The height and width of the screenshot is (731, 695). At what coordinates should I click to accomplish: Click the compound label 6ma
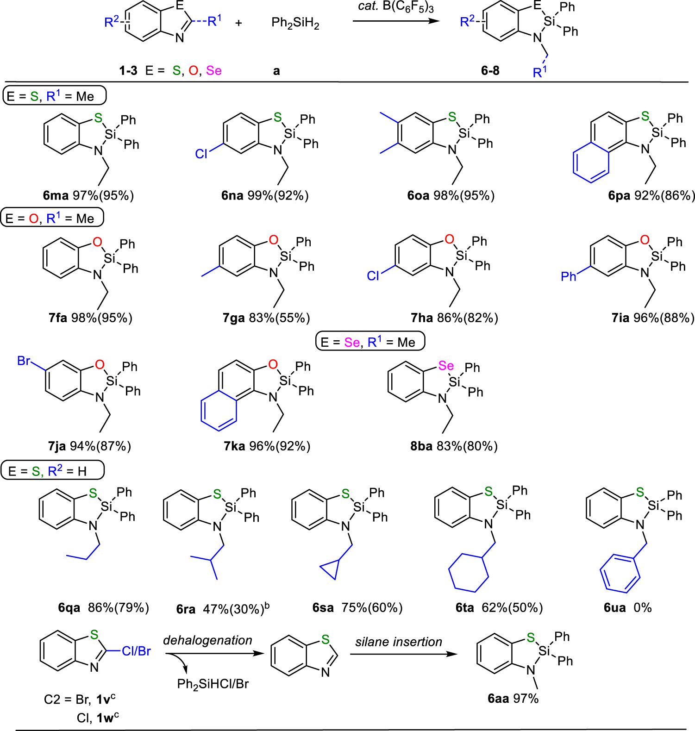pos(56,196)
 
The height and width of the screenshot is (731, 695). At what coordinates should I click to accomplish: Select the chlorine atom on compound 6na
pos(201,154)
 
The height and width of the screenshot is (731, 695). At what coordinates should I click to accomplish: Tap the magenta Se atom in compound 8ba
pos(446,366)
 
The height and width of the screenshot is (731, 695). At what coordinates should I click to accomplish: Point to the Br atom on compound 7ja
pos(24,361)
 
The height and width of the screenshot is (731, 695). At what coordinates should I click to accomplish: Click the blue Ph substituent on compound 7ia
pos(568,276)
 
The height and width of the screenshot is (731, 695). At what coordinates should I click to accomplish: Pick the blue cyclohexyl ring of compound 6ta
pos(469,572)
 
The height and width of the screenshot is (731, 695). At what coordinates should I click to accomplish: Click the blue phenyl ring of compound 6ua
pos(620,573)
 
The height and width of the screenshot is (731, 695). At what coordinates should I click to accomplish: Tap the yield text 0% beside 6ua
pos(642,607)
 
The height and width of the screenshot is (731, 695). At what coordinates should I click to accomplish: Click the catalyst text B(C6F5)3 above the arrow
pos(408,7)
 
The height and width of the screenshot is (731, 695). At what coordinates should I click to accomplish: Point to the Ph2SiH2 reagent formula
pos(295,23)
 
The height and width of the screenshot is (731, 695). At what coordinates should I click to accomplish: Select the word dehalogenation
pos(207,640)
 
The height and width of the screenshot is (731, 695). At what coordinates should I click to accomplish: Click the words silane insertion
pos(399,642)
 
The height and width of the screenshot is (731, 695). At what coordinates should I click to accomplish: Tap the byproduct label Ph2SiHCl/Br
pos(213,684)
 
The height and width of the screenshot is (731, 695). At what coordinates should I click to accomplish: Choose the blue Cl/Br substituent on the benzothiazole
pos(136,651)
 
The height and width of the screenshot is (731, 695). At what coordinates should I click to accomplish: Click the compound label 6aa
pos(498,699)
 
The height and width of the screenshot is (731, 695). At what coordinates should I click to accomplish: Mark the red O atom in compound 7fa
pos(97,242)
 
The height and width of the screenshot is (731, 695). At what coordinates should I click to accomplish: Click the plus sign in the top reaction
pos(238,23)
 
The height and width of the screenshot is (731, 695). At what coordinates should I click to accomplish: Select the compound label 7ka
pos(234,446)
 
